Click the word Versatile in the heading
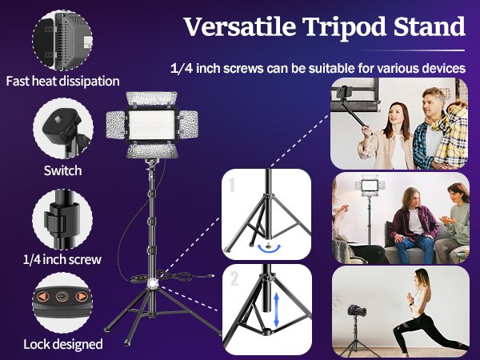click(x=233, y=26)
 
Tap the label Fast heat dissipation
click(x=62, y=81)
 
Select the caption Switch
click(x=62, y=170)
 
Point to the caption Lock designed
click(x=62, y=344)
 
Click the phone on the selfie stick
click(x=346, y=95)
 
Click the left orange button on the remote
click(x=42, y=297)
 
